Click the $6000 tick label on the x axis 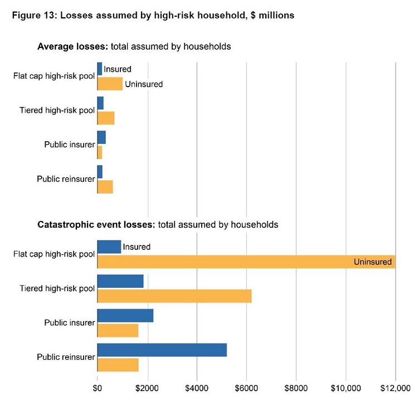tap(246, 388)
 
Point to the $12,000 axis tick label tap(395, 388)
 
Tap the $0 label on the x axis tap(97, 388)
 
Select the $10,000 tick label tap(346, 388)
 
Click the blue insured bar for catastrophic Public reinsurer tap(162, 350)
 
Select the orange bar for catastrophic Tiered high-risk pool tap(174, 296)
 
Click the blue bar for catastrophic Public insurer tap(125, 315)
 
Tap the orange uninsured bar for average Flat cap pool tap(110, 84)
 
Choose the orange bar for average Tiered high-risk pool tap(106, 118)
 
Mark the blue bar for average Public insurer tap(101, 137)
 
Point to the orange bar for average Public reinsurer tap(105, 186)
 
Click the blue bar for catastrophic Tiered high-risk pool tap(120, 281)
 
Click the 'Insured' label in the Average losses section tap(118, 69)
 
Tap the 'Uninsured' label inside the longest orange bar tap(373, 262)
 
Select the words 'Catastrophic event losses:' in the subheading tap(96, 225)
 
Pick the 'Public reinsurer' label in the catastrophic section tap(66, 357)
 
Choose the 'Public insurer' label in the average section tap(70, 145)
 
